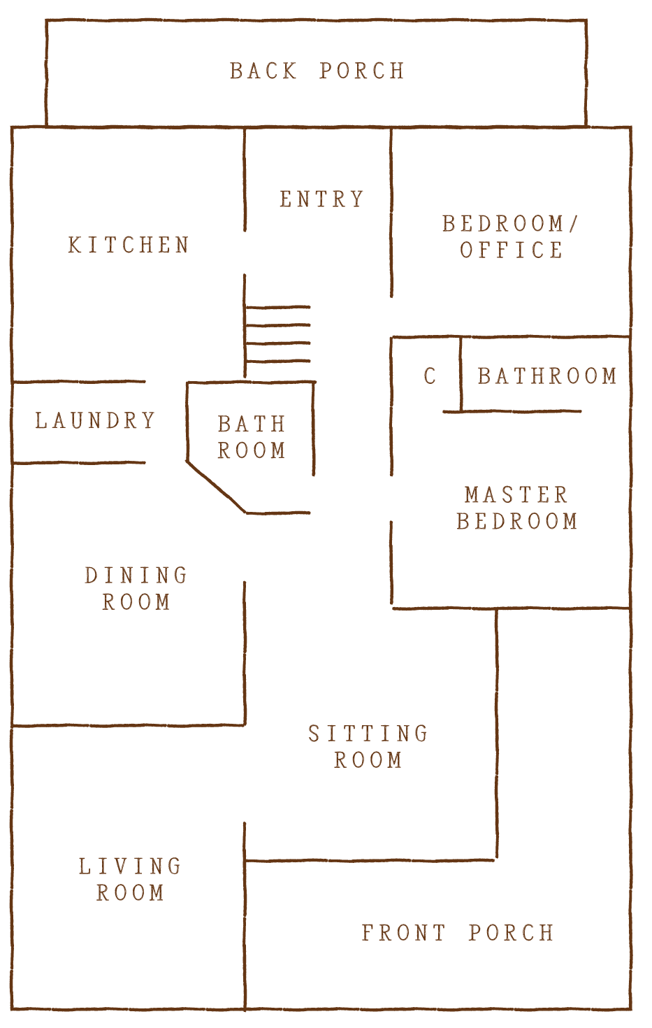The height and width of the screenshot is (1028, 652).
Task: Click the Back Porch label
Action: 317,71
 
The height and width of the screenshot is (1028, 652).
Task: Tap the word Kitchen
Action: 129,245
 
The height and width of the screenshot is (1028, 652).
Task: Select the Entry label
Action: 322,199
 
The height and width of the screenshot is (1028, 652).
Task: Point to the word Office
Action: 512,250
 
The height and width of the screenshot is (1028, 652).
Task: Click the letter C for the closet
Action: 430,376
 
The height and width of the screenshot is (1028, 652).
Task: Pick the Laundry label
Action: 95,420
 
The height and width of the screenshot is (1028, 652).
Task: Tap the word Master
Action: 516,495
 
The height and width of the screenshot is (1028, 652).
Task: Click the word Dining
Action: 136,576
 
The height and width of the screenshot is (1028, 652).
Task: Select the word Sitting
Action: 368,734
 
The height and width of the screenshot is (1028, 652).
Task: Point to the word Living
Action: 130,866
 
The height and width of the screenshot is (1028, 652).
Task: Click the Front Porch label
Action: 458,933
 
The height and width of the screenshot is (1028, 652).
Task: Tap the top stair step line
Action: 278,307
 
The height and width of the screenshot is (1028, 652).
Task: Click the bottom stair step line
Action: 278,361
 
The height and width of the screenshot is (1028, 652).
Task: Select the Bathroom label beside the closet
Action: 547,376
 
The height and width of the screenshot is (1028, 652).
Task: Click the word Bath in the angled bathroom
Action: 252,424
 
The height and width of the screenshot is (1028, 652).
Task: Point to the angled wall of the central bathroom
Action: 216,487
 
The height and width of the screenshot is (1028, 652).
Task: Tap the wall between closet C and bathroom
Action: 461,374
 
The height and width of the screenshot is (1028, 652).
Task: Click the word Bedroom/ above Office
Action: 510,224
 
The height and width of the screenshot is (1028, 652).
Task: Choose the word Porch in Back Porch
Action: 362,71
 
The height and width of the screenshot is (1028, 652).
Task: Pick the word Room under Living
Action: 130,893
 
